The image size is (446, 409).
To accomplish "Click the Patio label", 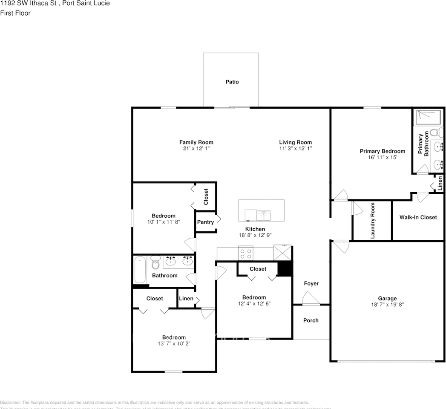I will pyautogui.click(x=232, y=82).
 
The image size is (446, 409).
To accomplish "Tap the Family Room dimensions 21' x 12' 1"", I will pyautogui.click(x=196, y=149).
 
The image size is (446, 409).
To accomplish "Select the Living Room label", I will pyautogui.click(x=295, y=142).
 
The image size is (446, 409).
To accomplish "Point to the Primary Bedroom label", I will pyautogui.click(x=382, y=151).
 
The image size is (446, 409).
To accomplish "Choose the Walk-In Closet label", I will pyautogui.click(x=418, y=217).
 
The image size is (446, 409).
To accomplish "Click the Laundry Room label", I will pyautogui.click(x=373, y=220).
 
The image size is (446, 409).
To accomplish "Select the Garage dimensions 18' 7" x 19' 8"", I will pyautogui.click(x=387, y=305).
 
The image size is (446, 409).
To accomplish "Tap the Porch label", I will pyautogui.click(x=311, y=320).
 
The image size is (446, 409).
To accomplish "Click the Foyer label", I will pyautogui.click(x=311, y=283).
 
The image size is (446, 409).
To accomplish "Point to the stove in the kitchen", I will pyautogui.click(x=246, y=253).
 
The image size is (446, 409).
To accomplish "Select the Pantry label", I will pyautogui.click(x=205, y=222).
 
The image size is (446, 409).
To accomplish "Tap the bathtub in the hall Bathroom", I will pyautogui.click(x=140, y=269).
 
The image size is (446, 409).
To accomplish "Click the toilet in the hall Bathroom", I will pyautogui.click(x=155, y=264).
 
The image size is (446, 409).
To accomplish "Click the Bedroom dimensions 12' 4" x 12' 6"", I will pyautogui.click(x=254, y=304).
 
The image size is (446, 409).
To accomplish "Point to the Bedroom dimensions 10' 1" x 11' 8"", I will pyautogui.click(x=164, y=222).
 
